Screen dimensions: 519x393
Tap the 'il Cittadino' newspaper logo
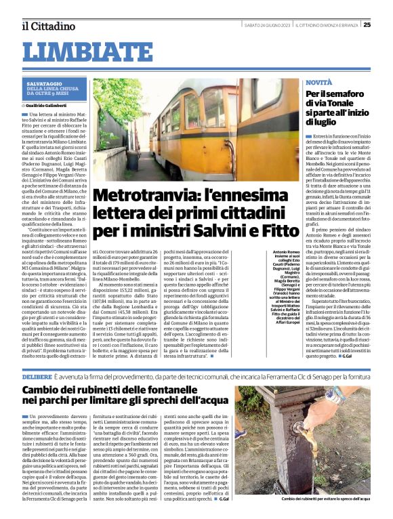pos(47,26)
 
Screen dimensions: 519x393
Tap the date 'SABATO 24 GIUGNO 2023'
pos(267,26)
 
